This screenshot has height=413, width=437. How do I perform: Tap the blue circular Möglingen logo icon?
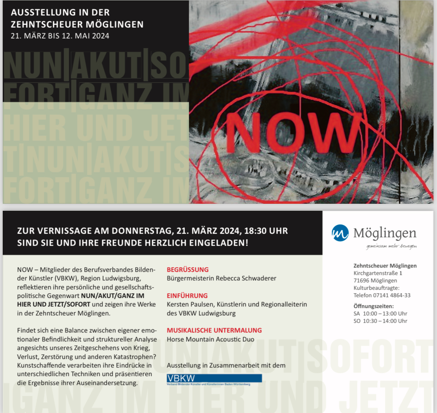click(x=340, y=233)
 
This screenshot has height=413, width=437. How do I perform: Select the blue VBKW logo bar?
click(x=214, y=378)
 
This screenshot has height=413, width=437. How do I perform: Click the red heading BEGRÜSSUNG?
click(x=188, y=269)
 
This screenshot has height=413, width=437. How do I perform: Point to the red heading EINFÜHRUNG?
click(x=187, y=296)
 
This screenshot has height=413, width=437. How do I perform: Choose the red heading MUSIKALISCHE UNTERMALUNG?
click(x=214, y=330)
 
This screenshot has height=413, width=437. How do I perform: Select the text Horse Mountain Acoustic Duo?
click(x=210, y=339)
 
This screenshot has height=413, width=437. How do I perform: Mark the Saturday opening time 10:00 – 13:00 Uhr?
click(x=385, y=313)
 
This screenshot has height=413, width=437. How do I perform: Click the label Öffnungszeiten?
click(x=373, y=306)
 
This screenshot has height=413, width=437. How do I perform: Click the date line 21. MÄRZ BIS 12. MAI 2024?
click(x=60, y=36)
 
